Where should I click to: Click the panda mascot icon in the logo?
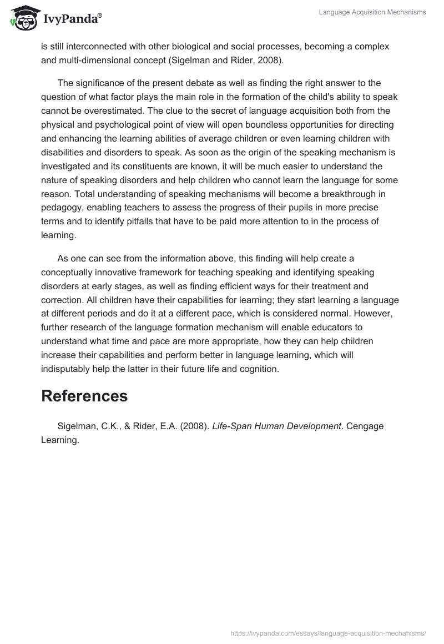(x=21, y=17)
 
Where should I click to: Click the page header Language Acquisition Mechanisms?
(x=372, y=12)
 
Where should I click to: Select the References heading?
(x=84, y=396)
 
